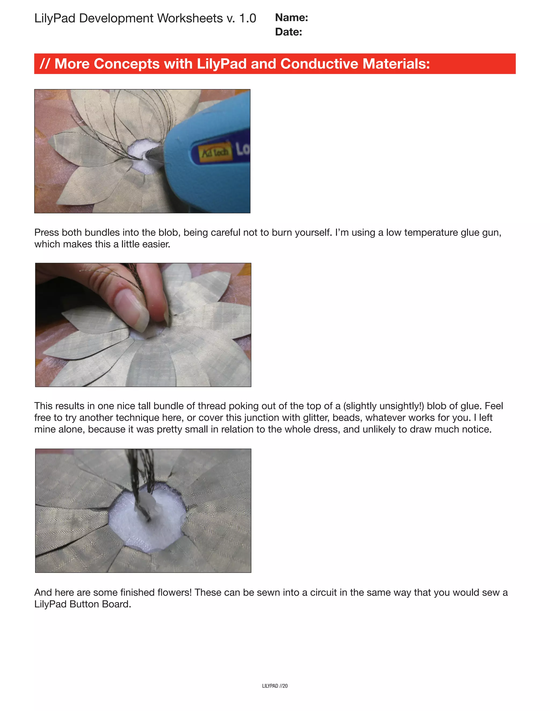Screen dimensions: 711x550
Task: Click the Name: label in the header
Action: (x=291, y=18)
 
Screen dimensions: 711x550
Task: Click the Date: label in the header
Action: (x=288, y=32)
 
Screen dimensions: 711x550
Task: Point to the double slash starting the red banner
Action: (x=45, y=64)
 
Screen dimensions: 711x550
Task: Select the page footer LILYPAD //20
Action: (x=275, y=686)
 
